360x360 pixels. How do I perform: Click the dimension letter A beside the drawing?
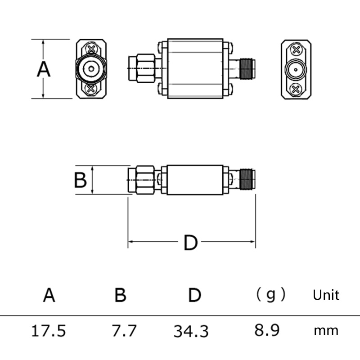pyautogui.click(x=44, y=69)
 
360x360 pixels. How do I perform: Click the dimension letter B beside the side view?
pyautogui.click(x=80, y=180)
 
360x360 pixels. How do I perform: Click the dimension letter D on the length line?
pyautogui.click(x=190, y=243)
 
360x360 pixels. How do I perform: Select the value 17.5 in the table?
pyautogui.click(x=48, y=331)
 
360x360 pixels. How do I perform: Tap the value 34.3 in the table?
pyautogui.click(x=191, y=332)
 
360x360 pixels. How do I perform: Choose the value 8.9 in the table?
pyautogui.click(x=267, y=331)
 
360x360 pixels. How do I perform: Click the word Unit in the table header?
pyautogui.click(x=326, y=295)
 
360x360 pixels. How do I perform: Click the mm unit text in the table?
pyautogui.click(x=326, y=331)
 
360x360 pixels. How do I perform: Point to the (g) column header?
pyautogui.click(x=270, y=295)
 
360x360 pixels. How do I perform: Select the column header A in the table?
pyautogui.click(x=49, y=296)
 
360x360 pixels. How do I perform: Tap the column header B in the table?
pyautogui.click(x=120, y=296)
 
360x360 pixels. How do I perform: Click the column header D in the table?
pyautogui.click(x=194, y=296)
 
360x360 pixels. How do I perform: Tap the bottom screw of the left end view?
pyautogui.click(x=91, y=89)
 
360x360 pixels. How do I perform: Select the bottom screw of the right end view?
pyautogui.click(x=296, y=89)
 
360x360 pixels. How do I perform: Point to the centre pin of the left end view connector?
pyautogui.click(x=91, y=69)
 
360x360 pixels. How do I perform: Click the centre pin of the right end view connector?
pyautogui.click(x=296, y=69)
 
